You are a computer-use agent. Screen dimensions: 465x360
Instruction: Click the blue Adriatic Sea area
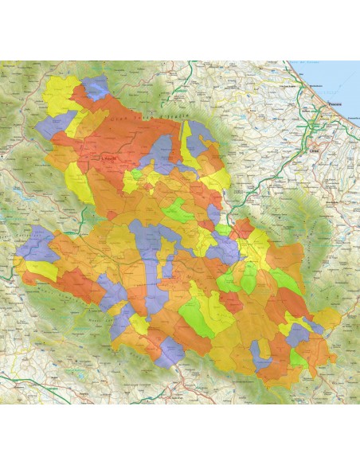pyautogui.click(x=335, y=76)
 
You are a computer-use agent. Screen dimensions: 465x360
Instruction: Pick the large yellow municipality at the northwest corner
pyautogui.click(x=60, y=94)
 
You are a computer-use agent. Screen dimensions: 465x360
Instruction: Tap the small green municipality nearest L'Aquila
pyautogui.click(x=136, y=173)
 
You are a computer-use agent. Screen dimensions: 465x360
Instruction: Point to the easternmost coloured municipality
pyautogui.click(x=327, y=319)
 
